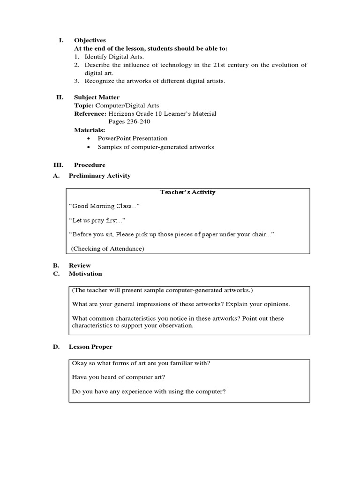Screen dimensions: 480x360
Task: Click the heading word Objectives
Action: click(90, 40)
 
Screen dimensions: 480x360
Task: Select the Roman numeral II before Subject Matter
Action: click(60, 97)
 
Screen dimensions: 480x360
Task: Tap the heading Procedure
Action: click(90, 165)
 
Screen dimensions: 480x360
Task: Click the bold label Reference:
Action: click(90, 114)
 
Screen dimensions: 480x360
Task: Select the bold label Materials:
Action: click(90, 130)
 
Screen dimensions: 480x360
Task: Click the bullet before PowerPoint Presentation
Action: click(89, 139)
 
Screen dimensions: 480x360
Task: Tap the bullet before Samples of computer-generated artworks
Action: click(89, 147)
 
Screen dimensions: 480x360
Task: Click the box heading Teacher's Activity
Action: click(187, 192)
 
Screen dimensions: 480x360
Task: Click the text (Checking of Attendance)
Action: click(108, 249)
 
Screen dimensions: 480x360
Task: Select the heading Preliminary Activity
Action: click(99, 176)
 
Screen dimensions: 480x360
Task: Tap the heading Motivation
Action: click(85, 274)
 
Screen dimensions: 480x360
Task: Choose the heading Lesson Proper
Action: click(90, 347)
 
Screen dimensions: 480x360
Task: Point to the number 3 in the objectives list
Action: click(76, 81)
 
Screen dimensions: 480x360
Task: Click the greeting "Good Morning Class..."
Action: click(104, 206)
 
